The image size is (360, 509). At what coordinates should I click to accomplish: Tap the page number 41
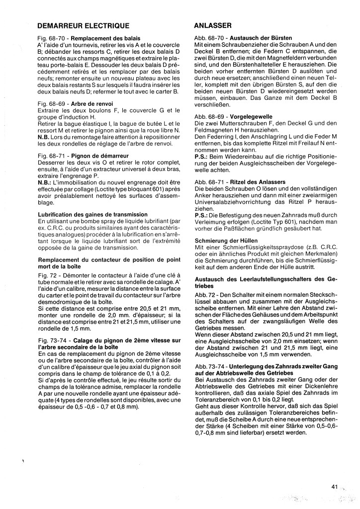335,487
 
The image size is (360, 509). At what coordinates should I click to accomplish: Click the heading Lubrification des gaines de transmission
92,214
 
